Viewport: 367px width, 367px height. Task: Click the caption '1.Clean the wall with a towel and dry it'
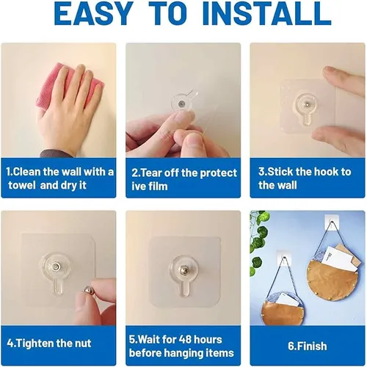59,179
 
